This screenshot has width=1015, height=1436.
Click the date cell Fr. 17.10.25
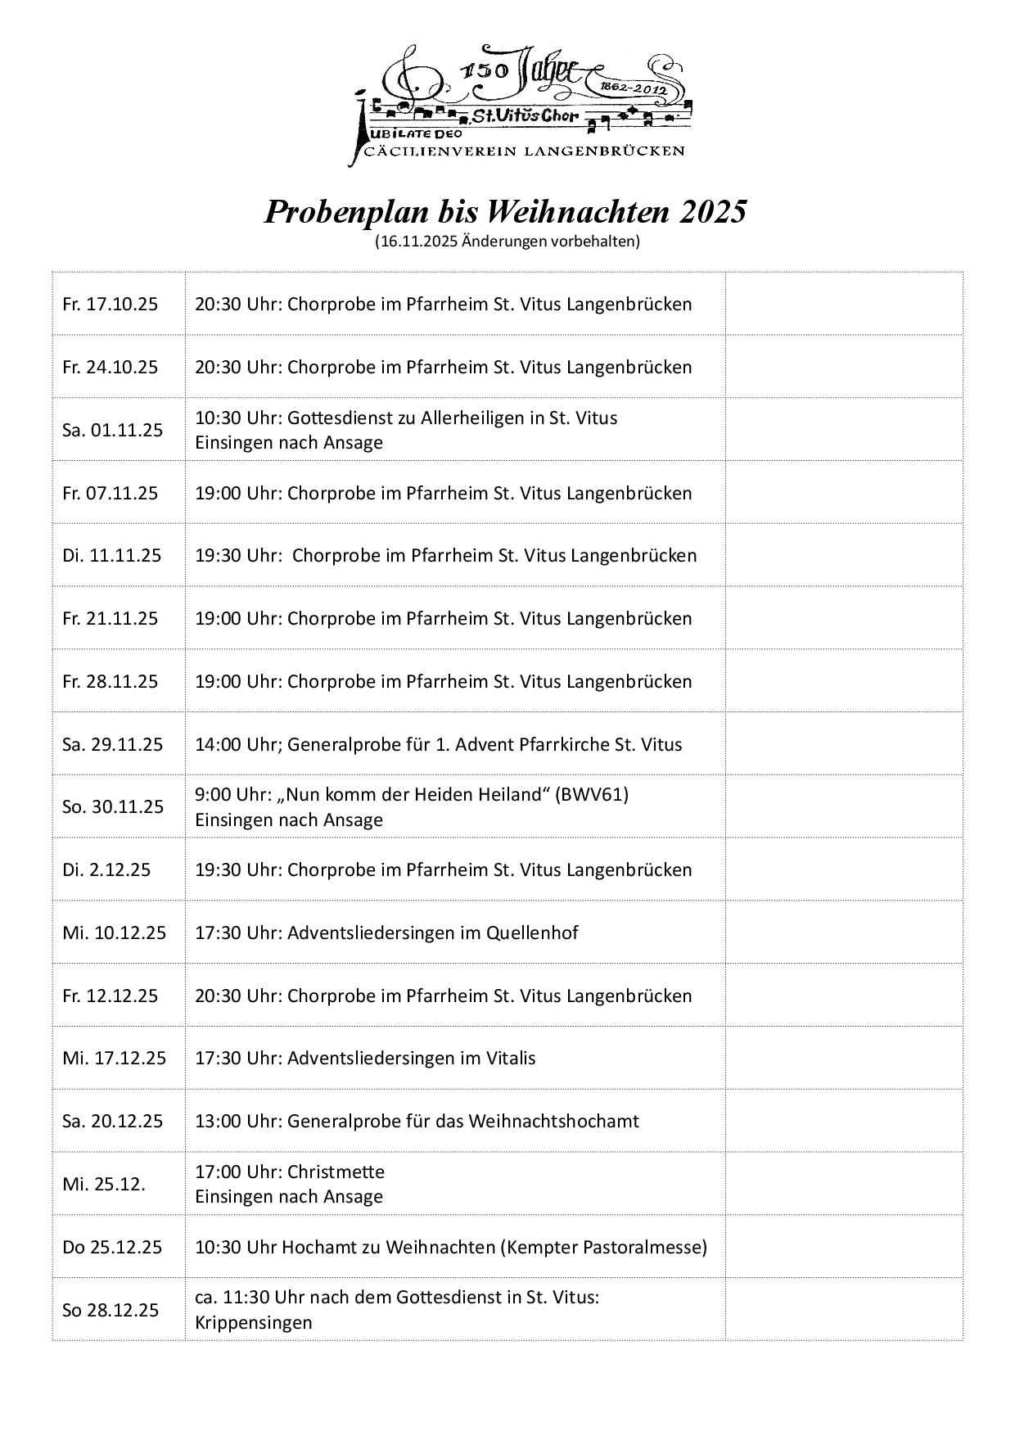[x=110, y=304]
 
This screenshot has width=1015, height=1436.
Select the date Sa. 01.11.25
[x=112, y=430]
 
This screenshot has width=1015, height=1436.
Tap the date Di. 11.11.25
[x=111, y=555]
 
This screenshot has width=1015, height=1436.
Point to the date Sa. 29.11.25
[x=112, y=744]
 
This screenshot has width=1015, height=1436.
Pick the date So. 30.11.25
[x=113, y=806]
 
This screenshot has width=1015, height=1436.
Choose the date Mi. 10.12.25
[x=114, y=932]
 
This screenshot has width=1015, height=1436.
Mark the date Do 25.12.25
[x=112, y=1247]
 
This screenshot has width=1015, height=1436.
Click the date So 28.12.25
[x=111, y=1310]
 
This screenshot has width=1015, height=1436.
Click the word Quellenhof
[x=532, y=932]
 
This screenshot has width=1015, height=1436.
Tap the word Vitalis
[x=509, y=1058]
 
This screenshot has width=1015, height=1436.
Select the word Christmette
[x=336, y=1172]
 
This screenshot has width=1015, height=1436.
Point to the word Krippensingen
[x=253, y=1322]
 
